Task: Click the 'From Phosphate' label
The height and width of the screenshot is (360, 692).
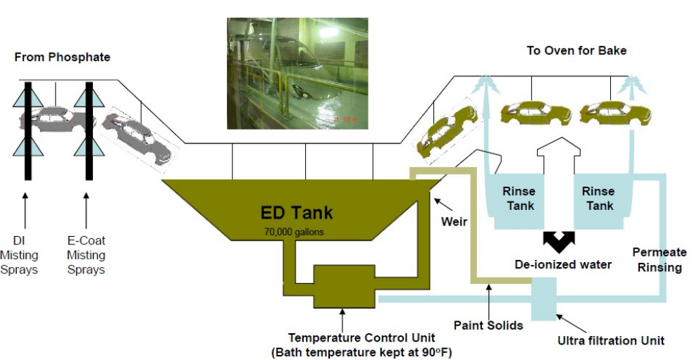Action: (62, 56)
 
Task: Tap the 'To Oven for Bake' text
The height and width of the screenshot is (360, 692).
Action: (576, 51)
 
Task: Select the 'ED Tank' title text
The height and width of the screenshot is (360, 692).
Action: (297, 211)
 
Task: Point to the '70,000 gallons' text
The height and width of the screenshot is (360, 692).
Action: (294, 230)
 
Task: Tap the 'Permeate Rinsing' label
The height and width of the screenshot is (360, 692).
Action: (659, 259)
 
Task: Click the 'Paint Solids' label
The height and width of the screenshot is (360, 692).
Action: (488, 325)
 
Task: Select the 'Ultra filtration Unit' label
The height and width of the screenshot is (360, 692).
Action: (610, 341)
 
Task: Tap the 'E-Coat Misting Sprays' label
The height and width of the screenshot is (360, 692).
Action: (86, 254)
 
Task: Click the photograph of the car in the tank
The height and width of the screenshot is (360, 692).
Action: (297, 73)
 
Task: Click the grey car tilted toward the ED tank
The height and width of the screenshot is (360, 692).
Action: (137, 137)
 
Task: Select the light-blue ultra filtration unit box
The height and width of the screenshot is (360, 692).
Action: (544, 297)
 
